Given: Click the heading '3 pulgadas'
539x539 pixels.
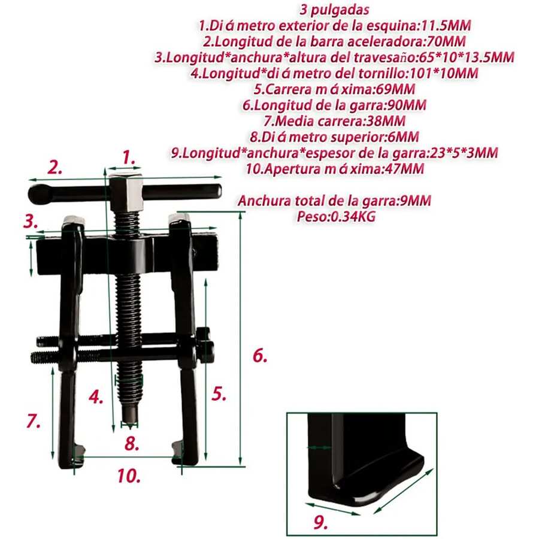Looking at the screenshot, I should (x=334, y=10).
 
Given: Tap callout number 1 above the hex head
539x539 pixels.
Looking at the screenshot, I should (x=129, y=158).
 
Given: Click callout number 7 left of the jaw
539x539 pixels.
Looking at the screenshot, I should (x=34, y=420).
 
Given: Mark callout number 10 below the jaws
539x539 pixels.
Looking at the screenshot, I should (x=129, y=476).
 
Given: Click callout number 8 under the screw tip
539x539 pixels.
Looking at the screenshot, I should (x=132, y=444).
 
